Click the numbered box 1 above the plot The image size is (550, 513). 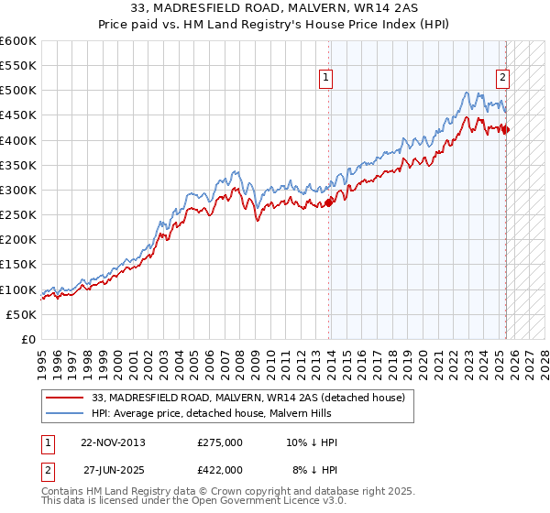[x=327, y=79]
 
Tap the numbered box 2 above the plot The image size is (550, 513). [x=503, y=79]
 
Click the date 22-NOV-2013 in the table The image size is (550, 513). [x=113, y=442]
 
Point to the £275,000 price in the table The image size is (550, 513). [x=220, y=442]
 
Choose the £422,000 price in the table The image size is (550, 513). [x=220, y=469]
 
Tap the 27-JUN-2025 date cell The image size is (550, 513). [x=113, y=469]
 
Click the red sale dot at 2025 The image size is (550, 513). [x=506, y=129]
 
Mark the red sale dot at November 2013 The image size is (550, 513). [x=329, y=202]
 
